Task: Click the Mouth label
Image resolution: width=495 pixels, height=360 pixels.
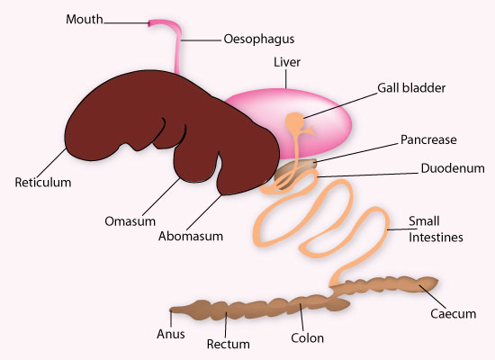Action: pos(85,19)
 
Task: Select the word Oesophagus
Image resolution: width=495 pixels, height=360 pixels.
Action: pos(259,40)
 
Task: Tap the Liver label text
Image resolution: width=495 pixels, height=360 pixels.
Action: pos(286,62)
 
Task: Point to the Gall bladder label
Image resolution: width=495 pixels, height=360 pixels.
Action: pos(411,88)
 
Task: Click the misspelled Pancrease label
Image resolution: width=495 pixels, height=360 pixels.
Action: pos(428,139)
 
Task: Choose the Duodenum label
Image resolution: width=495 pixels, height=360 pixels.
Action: pos(453,168)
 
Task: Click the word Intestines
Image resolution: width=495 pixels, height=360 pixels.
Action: pos(436,238)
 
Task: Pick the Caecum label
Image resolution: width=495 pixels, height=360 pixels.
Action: pos(453,314)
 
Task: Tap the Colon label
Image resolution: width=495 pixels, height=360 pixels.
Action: pos(307,338)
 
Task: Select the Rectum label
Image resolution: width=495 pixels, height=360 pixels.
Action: pos(228,344)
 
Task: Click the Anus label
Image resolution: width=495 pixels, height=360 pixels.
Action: pos(170,334)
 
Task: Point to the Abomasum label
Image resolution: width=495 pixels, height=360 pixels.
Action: pos(191,236)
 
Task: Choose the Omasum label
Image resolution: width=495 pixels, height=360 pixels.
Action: pos(130,221)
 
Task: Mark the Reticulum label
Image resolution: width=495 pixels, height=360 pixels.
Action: pos(43,183)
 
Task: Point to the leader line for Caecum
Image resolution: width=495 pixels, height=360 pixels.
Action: pos(433,297)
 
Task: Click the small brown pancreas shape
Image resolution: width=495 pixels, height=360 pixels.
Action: pos(295,170)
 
